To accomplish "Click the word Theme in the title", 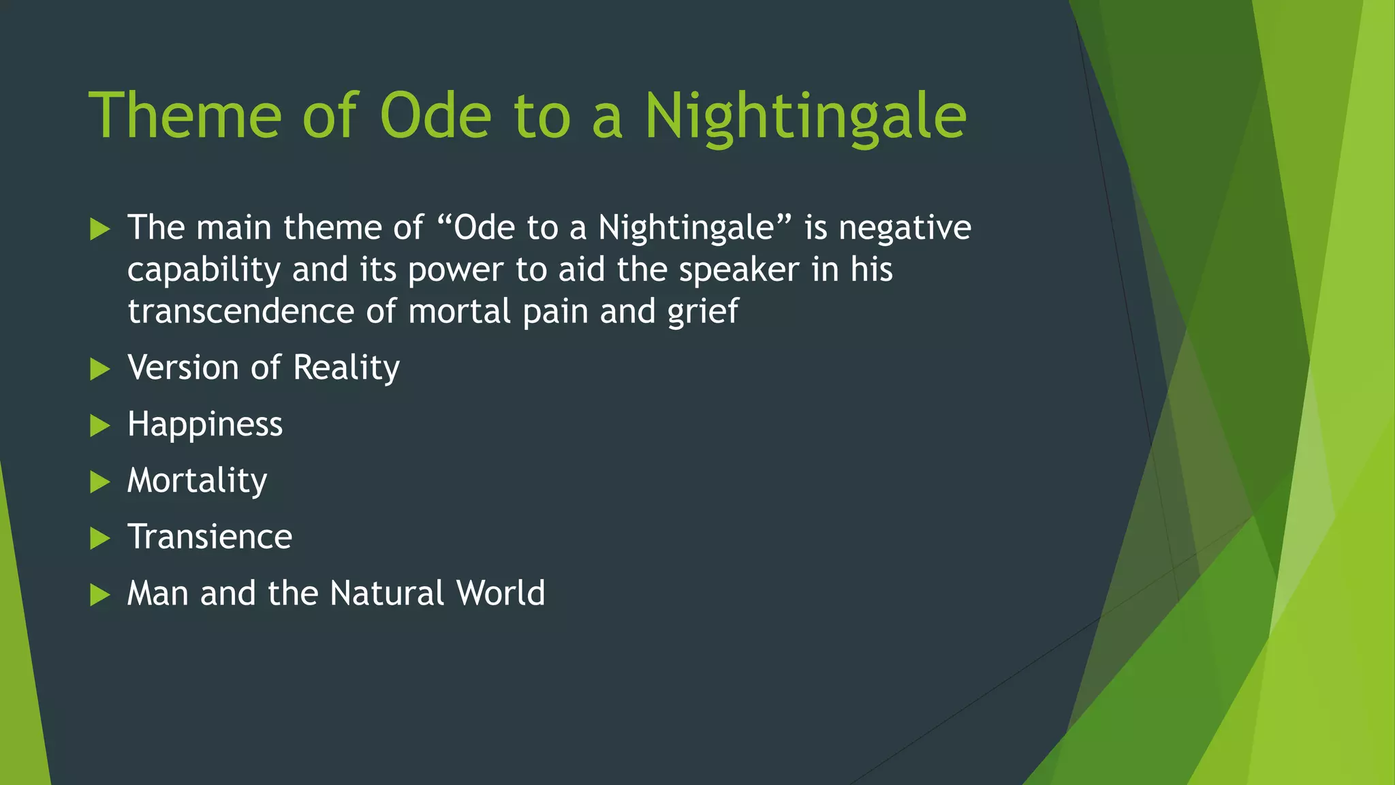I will pyautogui.click(x=185, y=116).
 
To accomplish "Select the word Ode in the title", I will pyautogui.click(x=435, y=116).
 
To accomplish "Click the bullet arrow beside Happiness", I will pyautogui.click(x=100, y=426).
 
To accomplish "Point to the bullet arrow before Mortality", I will pyautogui.click(x=100, y=482).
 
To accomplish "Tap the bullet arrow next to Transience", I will pyautogui.click(x=100, y=539).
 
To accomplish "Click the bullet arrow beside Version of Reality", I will pyautogui.click(x=100, y=369).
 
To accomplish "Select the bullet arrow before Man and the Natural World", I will pyautogui.click(x=100, y=595).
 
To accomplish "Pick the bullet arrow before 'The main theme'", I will pyautogui.click(x=100, y=229).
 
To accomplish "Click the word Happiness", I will pyautogui.click(x=205, y=425).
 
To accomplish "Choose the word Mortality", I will pyautogui.click(x=198, y=481).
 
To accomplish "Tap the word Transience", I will pyautogui.click(x=210, y=537).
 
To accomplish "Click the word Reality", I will pyautogui.click(x=346, y=369).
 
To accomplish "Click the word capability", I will pyautogui.click(x=204, y=271).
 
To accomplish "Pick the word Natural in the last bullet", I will pyautogui.click(x=387, y=593).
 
